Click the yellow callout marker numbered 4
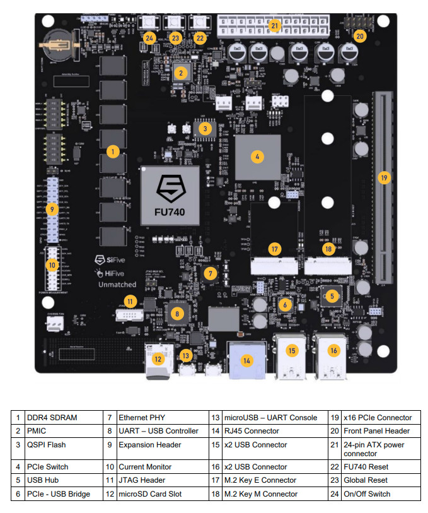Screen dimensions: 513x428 pos(257,156)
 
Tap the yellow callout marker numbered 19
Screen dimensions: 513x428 pos(384,178)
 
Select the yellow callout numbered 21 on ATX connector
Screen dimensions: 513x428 pos(274,26)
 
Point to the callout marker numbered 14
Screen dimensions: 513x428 pos(246,361)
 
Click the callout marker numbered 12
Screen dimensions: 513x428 pos(159,359)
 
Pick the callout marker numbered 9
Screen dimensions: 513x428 pos(53,209)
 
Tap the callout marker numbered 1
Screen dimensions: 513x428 pos(112,151)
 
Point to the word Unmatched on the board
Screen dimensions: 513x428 pos(117,285)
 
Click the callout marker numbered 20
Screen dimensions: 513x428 pos(360,36)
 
